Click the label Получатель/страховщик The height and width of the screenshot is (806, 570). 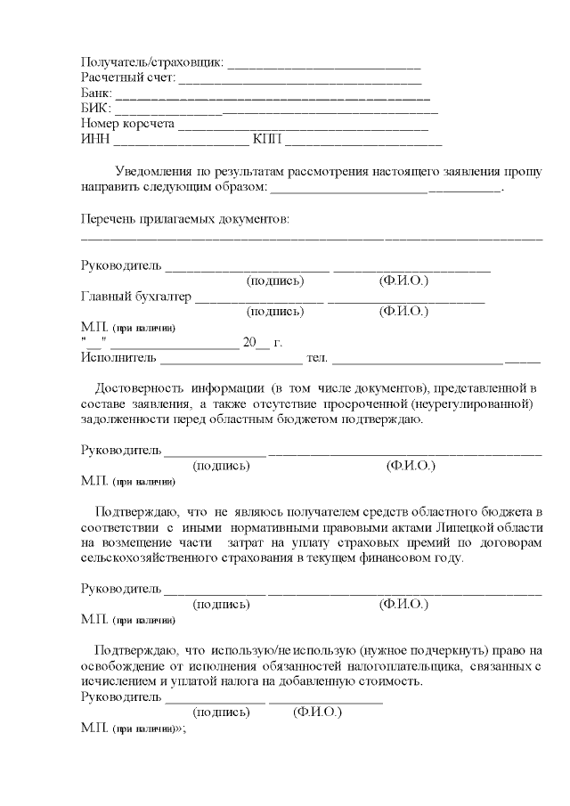152,63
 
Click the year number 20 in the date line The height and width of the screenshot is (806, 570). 249,343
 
